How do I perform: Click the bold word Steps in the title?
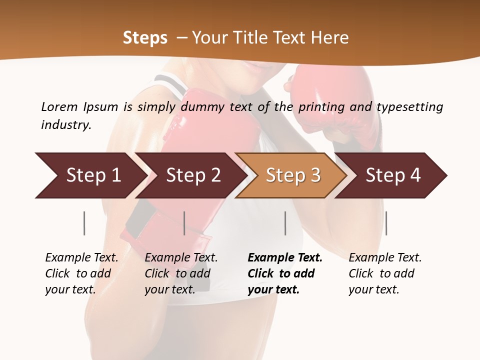coord(145,38)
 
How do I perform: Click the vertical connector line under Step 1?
coord(84,223)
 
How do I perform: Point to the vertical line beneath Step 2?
coord(184,223)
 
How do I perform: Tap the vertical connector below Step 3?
coord(285,223)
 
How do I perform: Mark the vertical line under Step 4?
coord(386,223)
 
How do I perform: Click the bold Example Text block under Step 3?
coord(284,273)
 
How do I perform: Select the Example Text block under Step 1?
coord(81,273)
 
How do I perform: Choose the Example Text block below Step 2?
coord(181,273)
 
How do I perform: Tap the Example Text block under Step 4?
coord(385,273)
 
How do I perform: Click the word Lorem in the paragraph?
coord(59,107)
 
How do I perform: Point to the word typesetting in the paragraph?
coord(409,107)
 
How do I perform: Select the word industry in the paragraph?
coord(65,125)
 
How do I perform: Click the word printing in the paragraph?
coord(319,107)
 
